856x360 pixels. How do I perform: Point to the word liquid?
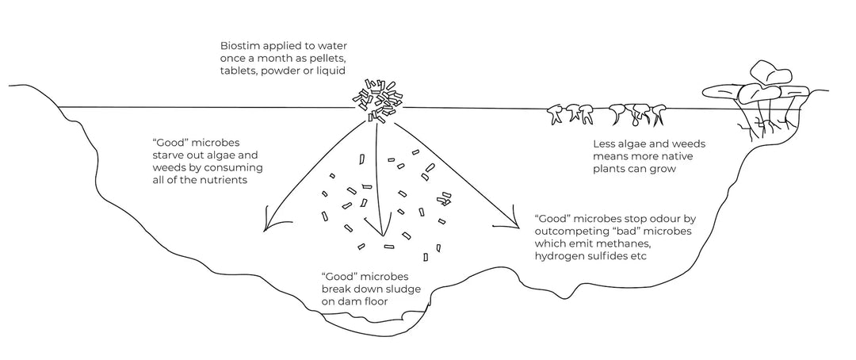click(x=331, y=71)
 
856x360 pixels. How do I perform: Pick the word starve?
click(x=169, y=155)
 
